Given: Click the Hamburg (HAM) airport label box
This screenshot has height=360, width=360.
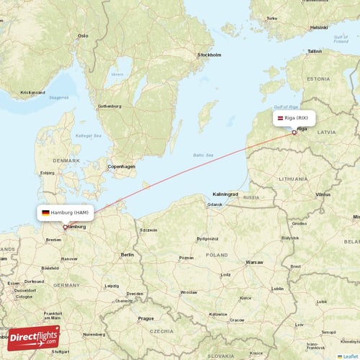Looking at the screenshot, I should [65, 213].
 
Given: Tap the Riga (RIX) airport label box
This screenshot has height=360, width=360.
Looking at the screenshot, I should [294, 117].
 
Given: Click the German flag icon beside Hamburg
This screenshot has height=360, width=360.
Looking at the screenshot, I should [45, 213].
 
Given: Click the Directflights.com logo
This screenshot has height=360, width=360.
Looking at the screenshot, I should [34, 337].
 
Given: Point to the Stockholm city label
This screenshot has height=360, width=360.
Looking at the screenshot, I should [210, 55].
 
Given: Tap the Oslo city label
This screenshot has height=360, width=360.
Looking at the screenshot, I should [83, 35].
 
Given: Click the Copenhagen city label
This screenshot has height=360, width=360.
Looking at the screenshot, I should [121, 166].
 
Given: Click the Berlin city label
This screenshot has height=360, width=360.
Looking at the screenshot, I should [127, 255].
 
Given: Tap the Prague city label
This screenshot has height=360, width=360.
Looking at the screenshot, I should [146, 318].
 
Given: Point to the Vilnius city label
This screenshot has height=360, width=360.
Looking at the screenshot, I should [323, 194].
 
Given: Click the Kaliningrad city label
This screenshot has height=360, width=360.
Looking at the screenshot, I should [225, 194].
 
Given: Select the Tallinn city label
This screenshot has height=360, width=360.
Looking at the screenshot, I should [314, 52].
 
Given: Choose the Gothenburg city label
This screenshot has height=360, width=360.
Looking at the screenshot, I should [109, 106].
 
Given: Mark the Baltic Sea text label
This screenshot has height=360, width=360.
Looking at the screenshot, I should [204, 155].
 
